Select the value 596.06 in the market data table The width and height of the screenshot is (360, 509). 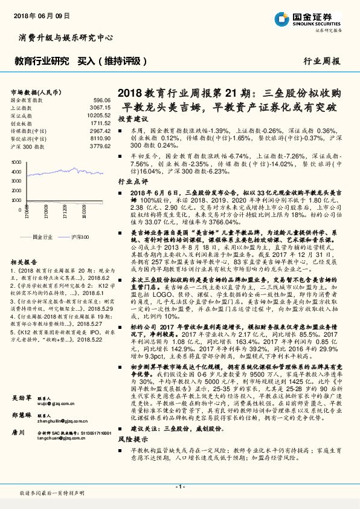pos(102,99)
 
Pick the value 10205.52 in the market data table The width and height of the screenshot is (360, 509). pos(99,115)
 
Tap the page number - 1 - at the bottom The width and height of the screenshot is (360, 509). pos(180,487)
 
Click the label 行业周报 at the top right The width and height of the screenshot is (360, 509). pos(321,61)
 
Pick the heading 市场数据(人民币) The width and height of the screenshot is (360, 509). pos(36,91)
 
